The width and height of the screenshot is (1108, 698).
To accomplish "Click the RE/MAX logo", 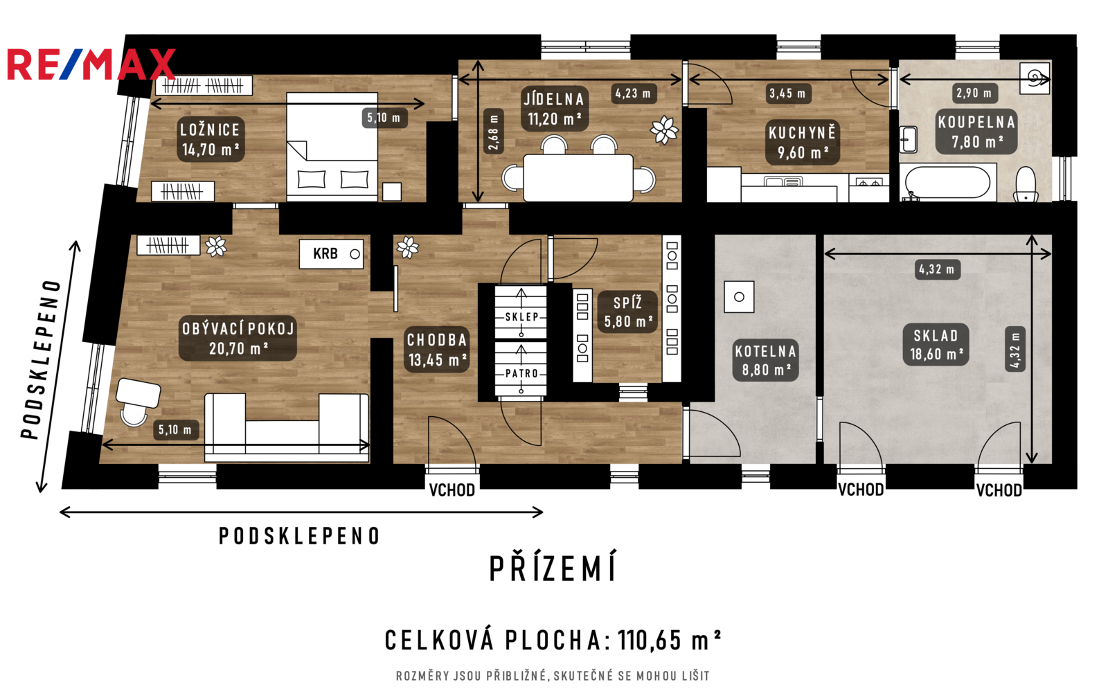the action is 91,64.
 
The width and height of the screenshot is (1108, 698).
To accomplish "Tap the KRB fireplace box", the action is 332,254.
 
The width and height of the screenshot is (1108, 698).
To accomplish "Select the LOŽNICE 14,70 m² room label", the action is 211,139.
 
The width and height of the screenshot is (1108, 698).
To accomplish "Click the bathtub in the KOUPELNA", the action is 948,183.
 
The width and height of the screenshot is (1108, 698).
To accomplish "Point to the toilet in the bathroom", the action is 1026,184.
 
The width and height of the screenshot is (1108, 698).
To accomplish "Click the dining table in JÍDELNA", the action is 578,178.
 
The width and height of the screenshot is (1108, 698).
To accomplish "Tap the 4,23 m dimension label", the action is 634,93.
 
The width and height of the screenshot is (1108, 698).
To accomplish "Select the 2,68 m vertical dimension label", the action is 493,132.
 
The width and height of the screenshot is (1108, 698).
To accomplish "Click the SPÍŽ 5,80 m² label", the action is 628,312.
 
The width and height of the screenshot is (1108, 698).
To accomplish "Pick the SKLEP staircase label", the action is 521,317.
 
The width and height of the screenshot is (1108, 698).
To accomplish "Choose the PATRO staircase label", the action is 521,373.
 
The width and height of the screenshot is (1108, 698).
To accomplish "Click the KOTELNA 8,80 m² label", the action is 765,360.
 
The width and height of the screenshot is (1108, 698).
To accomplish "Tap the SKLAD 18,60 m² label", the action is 936,345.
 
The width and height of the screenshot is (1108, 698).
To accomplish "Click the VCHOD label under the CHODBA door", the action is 452,490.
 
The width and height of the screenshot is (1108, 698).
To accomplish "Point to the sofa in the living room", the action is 287,428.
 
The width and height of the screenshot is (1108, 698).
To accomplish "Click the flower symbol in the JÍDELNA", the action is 664,130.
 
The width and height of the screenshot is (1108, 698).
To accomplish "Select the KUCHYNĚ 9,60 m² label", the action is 803,143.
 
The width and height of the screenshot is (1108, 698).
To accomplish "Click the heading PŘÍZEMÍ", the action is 553,568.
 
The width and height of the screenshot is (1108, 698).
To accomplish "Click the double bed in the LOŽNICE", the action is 332,147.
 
